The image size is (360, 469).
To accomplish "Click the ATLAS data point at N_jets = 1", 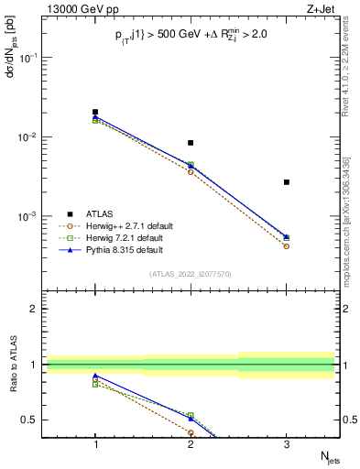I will pyautogui.click(x=95, y=112).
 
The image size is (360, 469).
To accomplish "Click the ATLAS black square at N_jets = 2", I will pyautogui.click(x=191, y=143).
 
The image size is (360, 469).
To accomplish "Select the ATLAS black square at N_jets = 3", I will pyautogui.click(x=287, y=182).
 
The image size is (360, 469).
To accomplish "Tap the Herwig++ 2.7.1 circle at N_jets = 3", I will pyautogui.click(x=287, y=246).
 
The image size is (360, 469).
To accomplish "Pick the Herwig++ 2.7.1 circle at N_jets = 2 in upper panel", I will pyautogui.click(x=191, y=172).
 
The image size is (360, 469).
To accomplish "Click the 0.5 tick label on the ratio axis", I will pyautogui.click(x=33, y=420).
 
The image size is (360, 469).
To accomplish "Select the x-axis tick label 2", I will pyautogui.click(x=191, y=444).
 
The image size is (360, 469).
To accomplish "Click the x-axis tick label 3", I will pyautogui.click(x=287, y=444).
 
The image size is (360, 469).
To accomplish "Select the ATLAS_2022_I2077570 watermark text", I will pyautogui.click(x=191, y=273).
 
